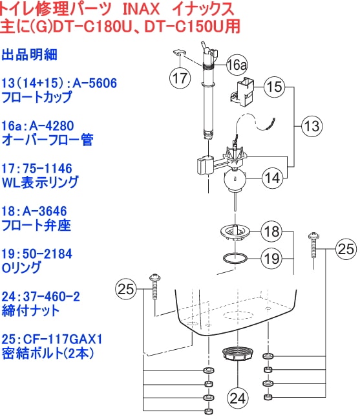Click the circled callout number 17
point(180,78)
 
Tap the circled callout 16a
point(237,65)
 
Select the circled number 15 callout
point(274,87)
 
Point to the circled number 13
point(312,126)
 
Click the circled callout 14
point(272,178)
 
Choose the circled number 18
point(271,231)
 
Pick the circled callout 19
point(271,259)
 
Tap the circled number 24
point(237,398)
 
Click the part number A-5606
point(95,83)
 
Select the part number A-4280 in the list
point(52,125)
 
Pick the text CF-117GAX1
point(63,339)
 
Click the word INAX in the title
point(141,10)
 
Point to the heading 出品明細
point(29,54)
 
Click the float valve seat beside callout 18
point(235,231)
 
